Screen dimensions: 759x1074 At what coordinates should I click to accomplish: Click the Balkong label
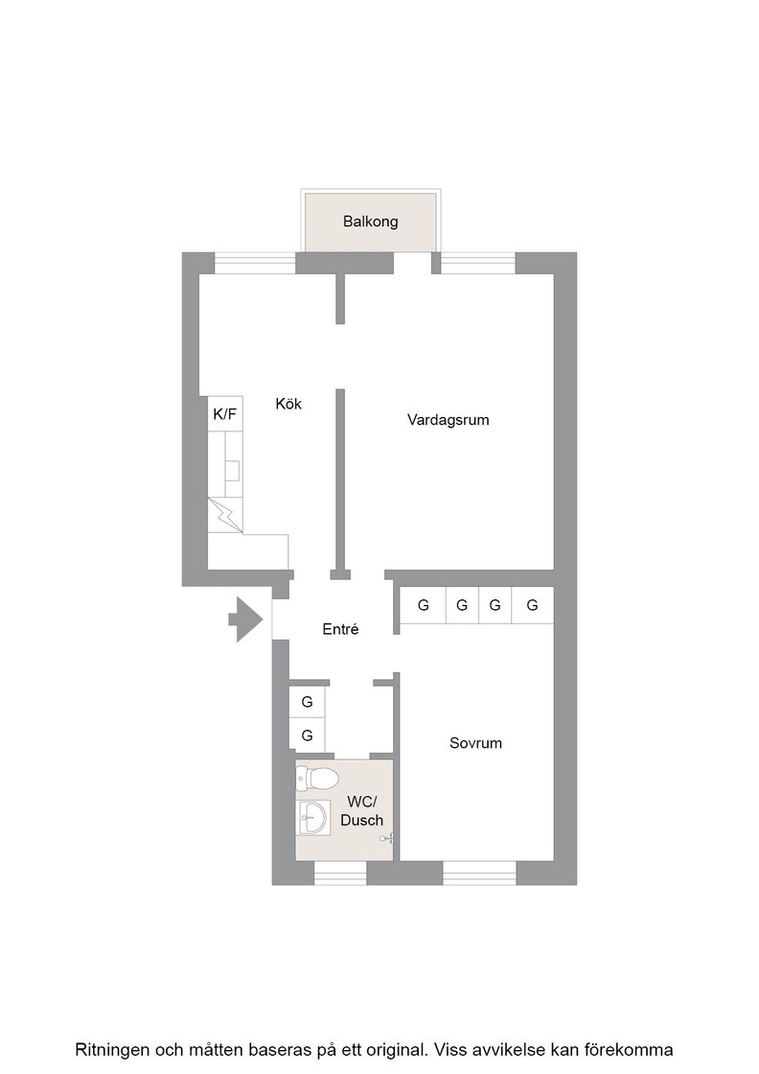point(370,222)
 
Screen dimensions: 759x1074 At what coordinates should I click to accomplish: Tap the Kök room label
point(288,404)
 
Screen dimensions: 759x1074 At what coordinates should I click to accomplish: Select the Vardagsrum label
point(448,420)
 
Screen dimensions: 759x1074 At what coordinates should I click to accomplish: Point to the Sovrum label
point(475,743)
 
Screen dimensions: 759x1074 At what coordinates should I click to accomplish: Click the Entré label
point(341,629)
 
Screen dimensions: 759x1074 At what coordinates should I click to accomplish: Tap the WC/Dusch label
point(362,811)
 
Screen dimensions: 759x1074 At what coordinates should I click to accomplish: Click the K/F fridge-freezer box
point(225,413)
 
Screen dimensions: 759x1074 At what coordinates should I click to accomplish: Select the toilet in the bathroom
point(317,779)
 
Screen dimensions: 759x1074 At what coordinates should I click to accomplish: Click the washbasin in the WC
point(314,816)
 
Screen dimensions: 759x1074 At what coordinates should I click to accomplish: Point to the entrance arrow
point(245,619)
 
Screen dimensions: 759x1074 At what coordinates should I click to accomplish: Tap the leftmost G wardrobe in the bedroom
point(423,605)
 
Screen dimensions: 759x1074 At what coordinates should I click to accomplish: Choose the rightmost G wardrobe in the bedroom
point(533,605)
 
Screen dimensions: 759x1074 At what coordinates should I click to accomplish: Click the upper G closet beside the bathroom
point(307,701)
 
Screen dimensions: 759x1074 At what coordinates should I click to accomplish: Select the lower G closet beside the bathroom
point(307,735)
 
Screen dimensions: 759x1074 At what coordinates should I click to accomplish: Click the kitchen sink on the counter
point(233,471)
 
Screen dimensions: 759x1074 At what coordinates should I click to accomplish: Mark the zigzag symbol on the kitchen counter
point(225,515)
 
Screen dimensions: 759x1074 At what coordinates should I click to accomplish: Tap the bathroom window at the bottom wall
point(340,873)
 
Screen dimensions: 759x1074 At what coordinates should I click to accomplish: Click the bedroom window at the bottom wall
point(479,873)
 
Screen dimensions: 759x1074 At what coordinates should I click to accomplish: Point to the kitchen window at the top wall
point(255,264)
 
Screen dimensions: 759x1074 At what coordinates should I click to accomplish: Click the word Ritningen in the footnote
point(113,1050)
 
